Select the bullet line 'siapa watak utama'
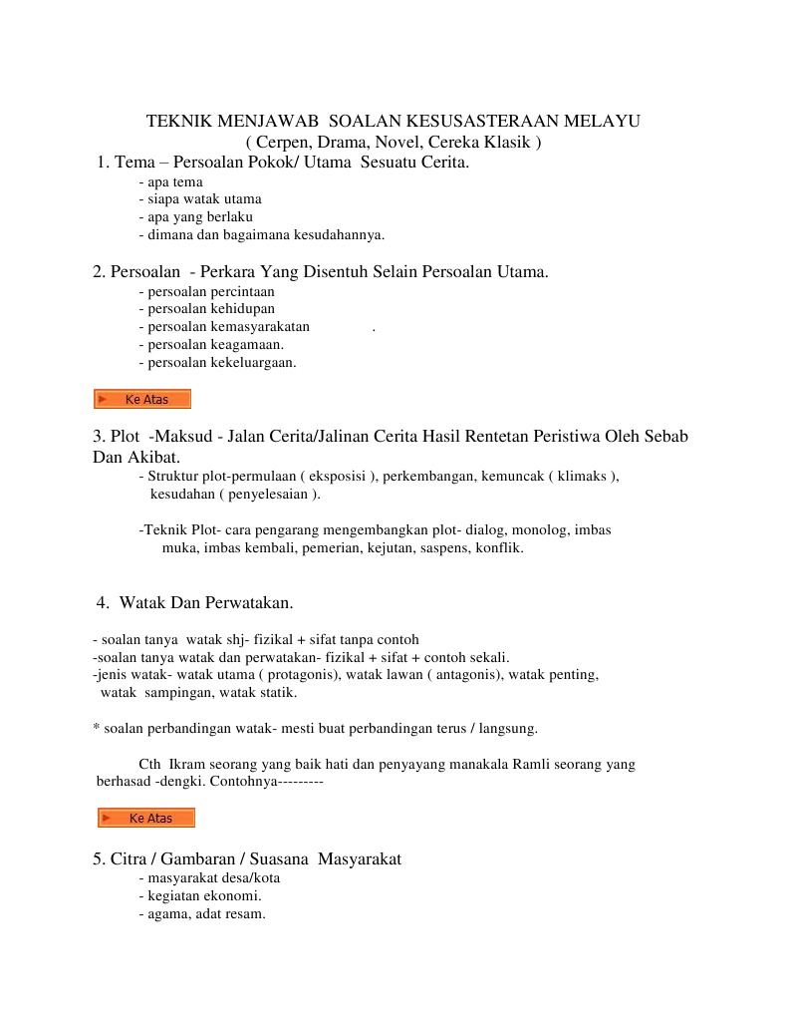(200, 198)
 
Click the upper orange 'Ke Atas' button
(141, 400)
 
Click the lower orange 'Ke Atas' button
(145, 819)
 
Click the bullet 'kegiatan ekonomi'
(199, 896)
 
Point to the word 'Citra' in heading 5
(128, 858)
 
